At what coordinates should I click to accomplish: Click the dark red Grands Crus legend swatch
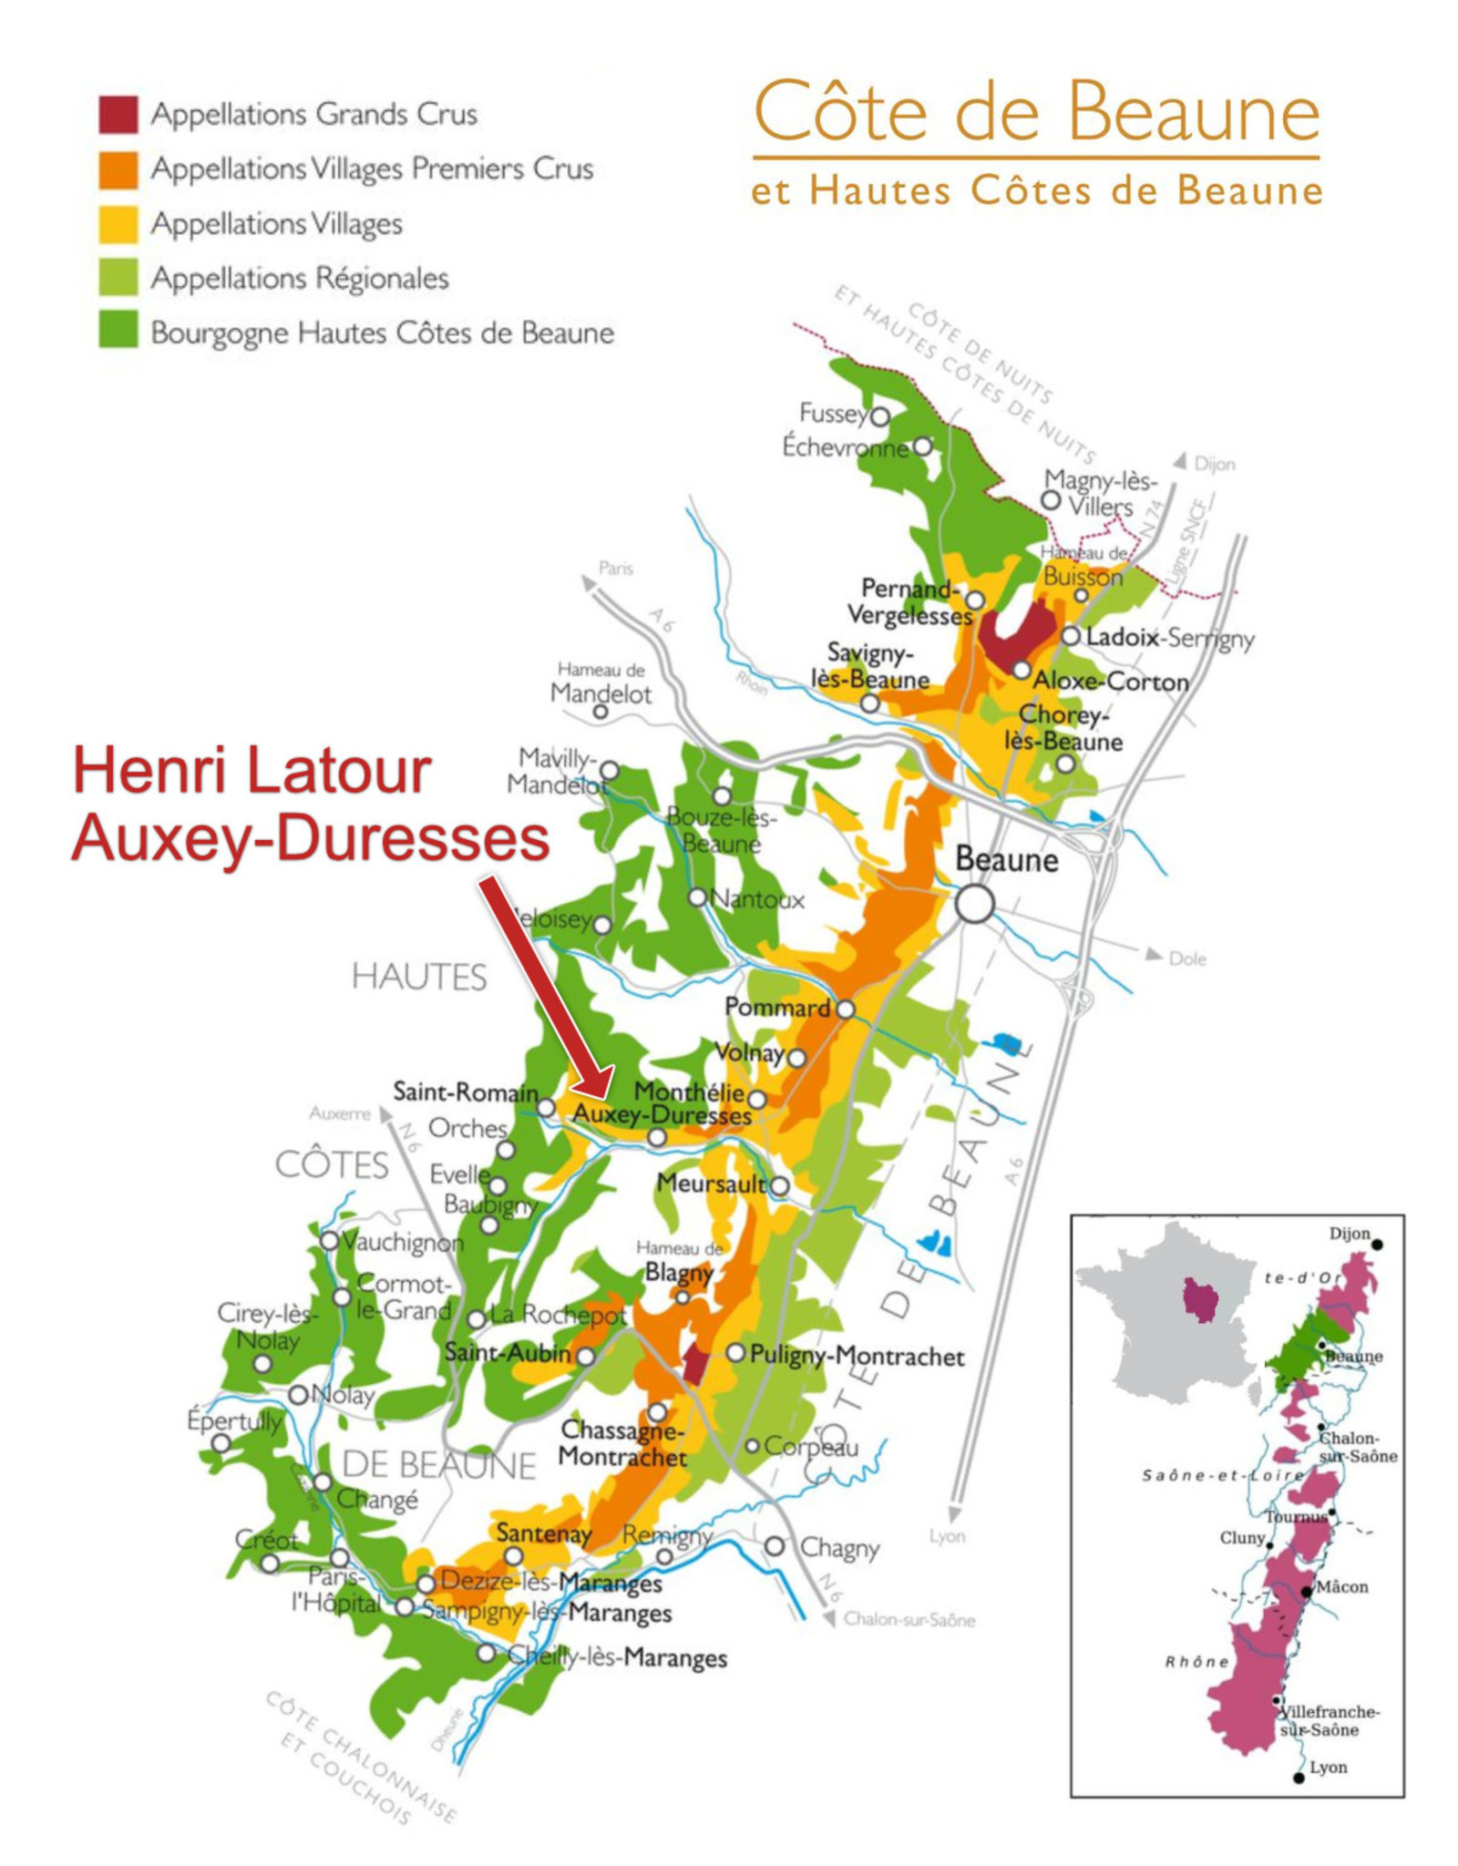[118, 114]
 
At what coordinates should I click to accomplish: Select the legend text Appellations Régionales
[300, 278]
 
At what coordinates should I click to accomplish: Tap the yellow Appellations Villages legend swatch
[118, 223]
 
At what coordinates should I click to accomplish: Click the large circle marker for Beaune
[974, 904]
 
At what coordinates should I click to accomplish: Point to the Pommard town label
[776, 1007]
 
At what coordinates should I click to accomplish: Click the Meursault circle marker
[779, 1185]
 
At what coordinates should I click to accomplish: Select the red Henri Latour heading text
[252, 771]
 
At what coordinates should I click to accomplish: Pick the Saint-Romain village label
[465, 1091]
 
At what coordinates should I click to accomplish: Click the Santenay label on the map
[543, 1533]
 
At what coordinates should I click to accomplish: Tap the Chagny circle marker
[775, 1545]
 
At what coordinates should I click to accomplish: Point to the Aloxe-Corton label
[1110, 681]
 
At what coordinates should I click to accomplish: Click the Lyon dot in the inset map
[1299, 1777]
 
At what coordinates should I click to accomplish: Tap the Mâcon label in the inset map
[1342, 1586]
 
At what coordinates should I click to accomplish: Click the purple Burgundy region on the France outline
[1200, 1299]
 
